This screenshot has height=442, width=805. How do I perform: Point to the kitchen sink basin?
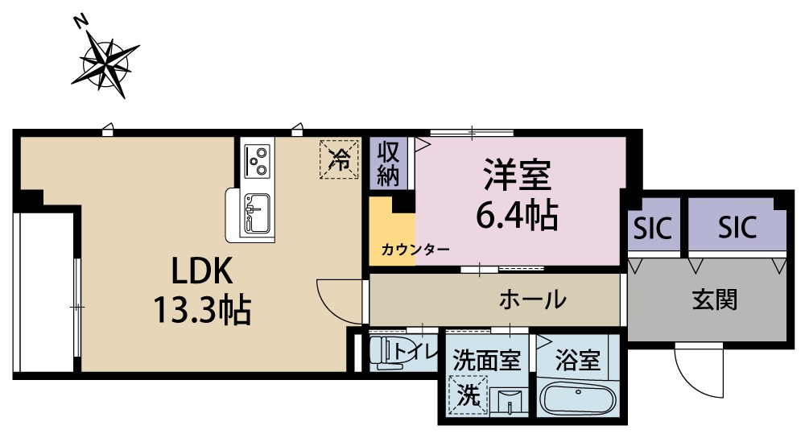(x=255, y=213)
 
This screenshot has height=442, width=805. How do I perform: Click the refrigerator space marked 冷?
(x=339, y=158)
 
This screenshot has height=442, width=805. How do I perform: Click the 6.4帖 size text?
(x=516, y=213)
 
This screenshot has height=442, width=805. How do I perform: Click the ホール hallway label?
(x=532, y=300)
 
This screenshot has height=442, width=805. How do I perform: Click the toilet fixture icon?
(x=390, y=353)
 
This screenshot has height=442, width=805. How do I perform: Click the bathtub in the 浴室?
(x=578, y=399)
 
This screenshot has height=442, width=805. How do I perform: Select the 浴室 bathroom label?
(x=578, y=358)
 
